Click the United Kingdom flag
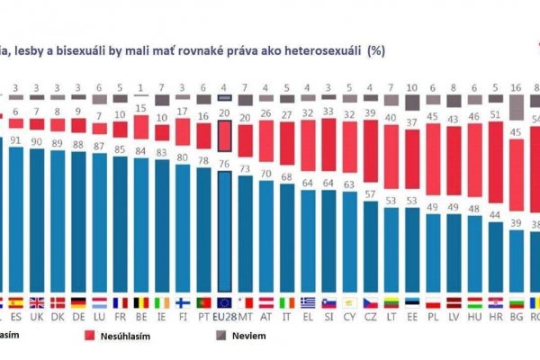(38, 302)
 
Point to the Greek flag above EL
(308, 302)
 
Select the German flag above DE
(80, 302)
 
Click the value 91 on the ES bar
(17, 139)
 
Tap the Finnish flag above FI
(183, 302)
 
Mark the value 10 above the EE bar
(411, 87)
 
